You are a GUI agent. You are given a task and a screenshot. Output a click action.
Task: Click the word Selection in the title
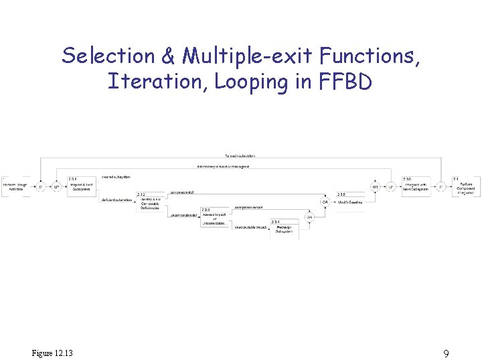click(x=98, y=56)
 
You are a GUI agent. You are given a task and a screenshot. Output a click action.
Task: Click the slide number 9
click(x=446, y=353)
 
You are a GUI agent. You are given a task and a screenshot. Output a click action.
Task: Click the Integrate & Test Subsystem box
click(x=81, y=187)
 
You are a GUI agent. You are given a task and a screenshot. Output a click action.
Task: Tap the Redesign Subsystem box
click(x=285, y=229)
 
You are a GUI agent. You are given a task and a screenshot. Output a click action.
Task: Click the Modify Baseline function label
click(x=350, y=202)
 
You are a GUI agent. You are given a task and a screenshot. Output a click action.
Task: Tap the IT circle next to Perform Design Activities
click(x=41, y=187)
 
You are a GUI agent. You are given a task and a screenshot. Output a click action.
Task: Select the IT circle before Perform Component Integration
click(x=440, y=187)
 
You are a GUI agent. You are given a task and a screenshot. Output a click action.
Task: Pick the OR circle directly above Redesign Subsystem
click(x=309, y=217)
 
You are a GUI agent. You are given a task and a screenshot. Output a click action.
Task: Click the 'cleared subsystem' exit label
click(x=116, y=176)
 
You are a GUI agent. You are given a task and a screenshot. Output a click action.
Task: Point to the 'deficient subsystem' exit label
click(x=116, y=200)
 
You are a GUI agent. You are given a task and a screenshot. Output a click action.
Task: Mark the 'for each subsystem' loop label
click(x=240, y=156)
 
